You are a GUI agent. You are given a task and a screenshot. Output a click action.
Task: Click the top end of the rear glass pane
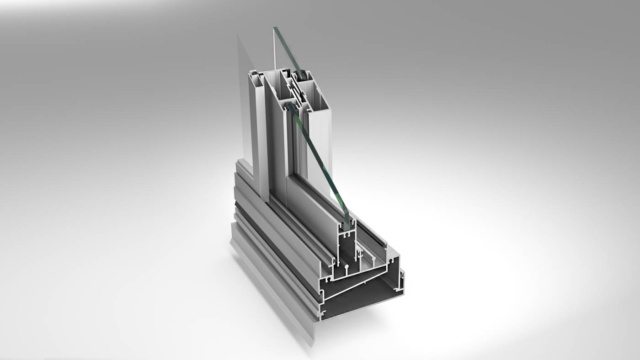[x=276, y=29]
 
